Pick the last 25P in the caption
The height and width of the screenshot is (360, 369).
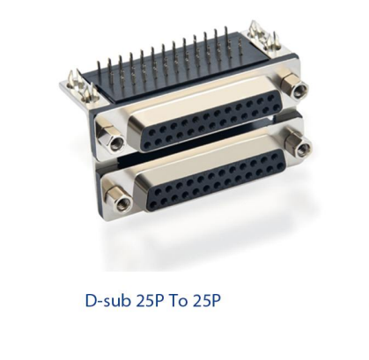point(209,302)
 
